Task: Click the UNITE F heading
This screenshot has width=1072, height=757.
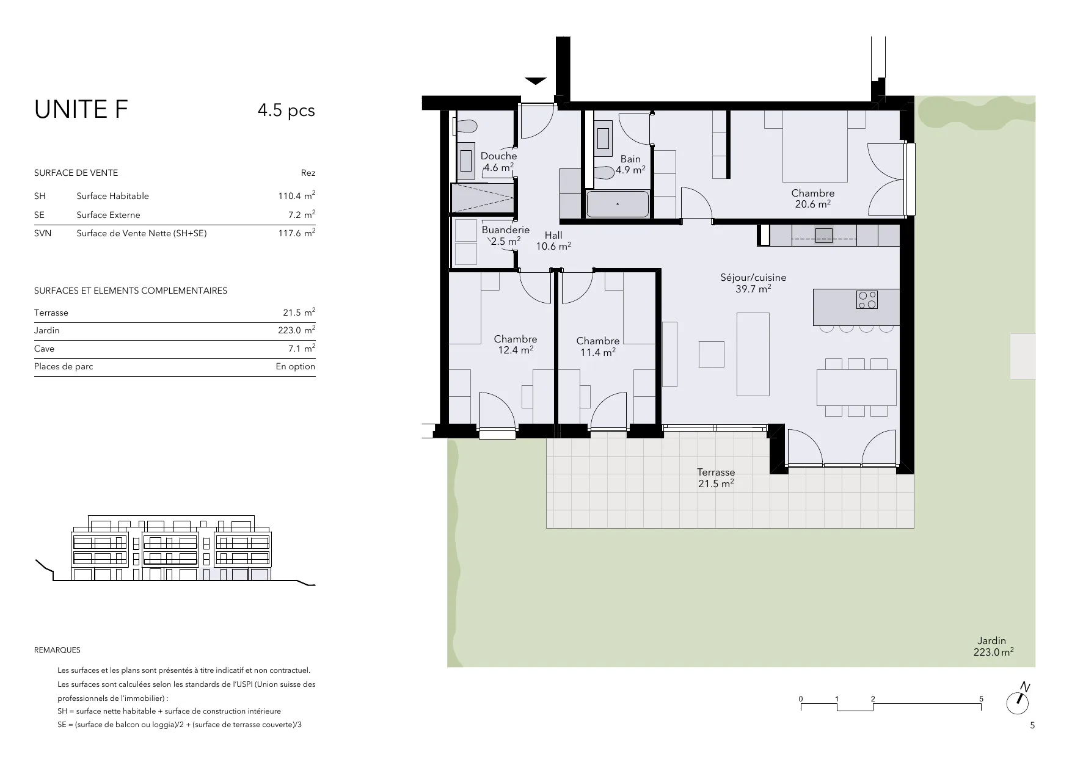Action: click(x=81, y=110)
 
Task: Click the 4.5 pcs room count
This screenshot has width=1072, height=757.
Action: click(x=286, y=110)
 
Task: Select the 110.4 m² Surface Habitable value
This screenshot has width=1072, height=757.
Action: click(x=297, y=195)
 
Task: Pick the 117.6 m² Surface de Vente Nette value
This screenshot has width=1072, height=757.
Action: click(x=297, y=233)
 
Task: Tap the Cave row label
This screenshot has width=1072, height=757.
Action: click(x=44, y=349)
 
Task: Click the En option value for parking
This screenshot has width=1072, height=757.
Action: click(x=296, y=366)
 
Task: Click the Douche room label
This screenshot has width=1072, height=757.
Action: click(x=498, y=156)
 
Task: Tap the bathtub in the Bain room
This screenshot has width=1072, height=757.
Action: click(x=618, y=204)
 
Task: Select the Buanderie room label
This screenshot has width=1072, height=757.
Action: click(x=505, y=230)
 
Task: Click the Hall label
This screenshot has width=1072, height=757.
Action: click(x=553, y=235)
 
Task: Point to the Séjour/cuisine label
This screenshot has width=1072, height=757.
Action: click(x=753, y=278)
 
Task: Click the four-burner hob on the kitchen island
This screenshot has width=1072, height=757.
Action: click(x=867, y=299)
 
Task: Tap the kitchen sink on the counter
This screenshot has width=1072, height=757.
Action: click(x=823, y=235)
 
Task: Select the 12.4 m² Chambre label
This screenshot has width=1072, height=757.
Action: click(x=516, y=345)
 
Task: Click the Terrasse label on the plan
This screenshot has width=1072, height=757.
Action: click(x=716, y=473)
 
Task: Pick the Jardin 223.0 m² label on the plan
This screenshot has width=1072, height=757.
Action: click(x=992, y=647)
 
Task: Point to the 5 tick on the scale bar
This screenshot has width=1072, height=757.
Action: click(x=981, y=699)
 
